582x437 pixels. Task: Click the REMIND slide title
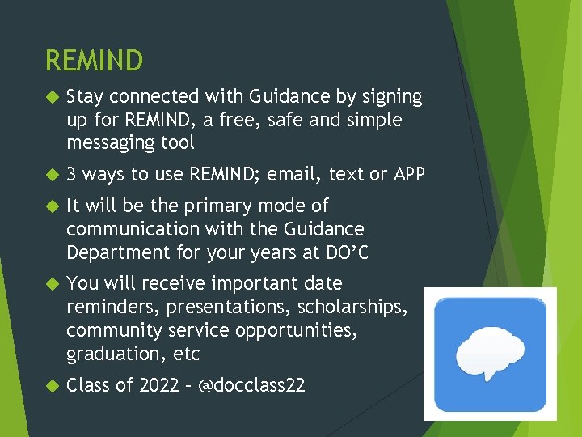[94, 61]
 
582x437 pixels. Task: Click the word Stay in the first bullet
[85, 97]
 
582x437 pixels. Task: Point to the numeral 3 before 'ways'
[72, 174]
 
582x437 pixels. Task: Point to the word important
[250, 283]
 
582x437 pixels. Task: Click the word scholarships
[352, 308]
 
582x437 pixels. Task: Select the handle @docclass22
[251, 385]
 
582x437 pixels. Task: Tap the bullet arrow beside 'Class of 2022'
[52, 386]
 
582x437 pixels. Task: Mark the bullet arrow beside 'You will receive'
[52, 284]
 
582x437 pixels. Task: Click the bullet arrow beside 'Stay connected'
[52, 97]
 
